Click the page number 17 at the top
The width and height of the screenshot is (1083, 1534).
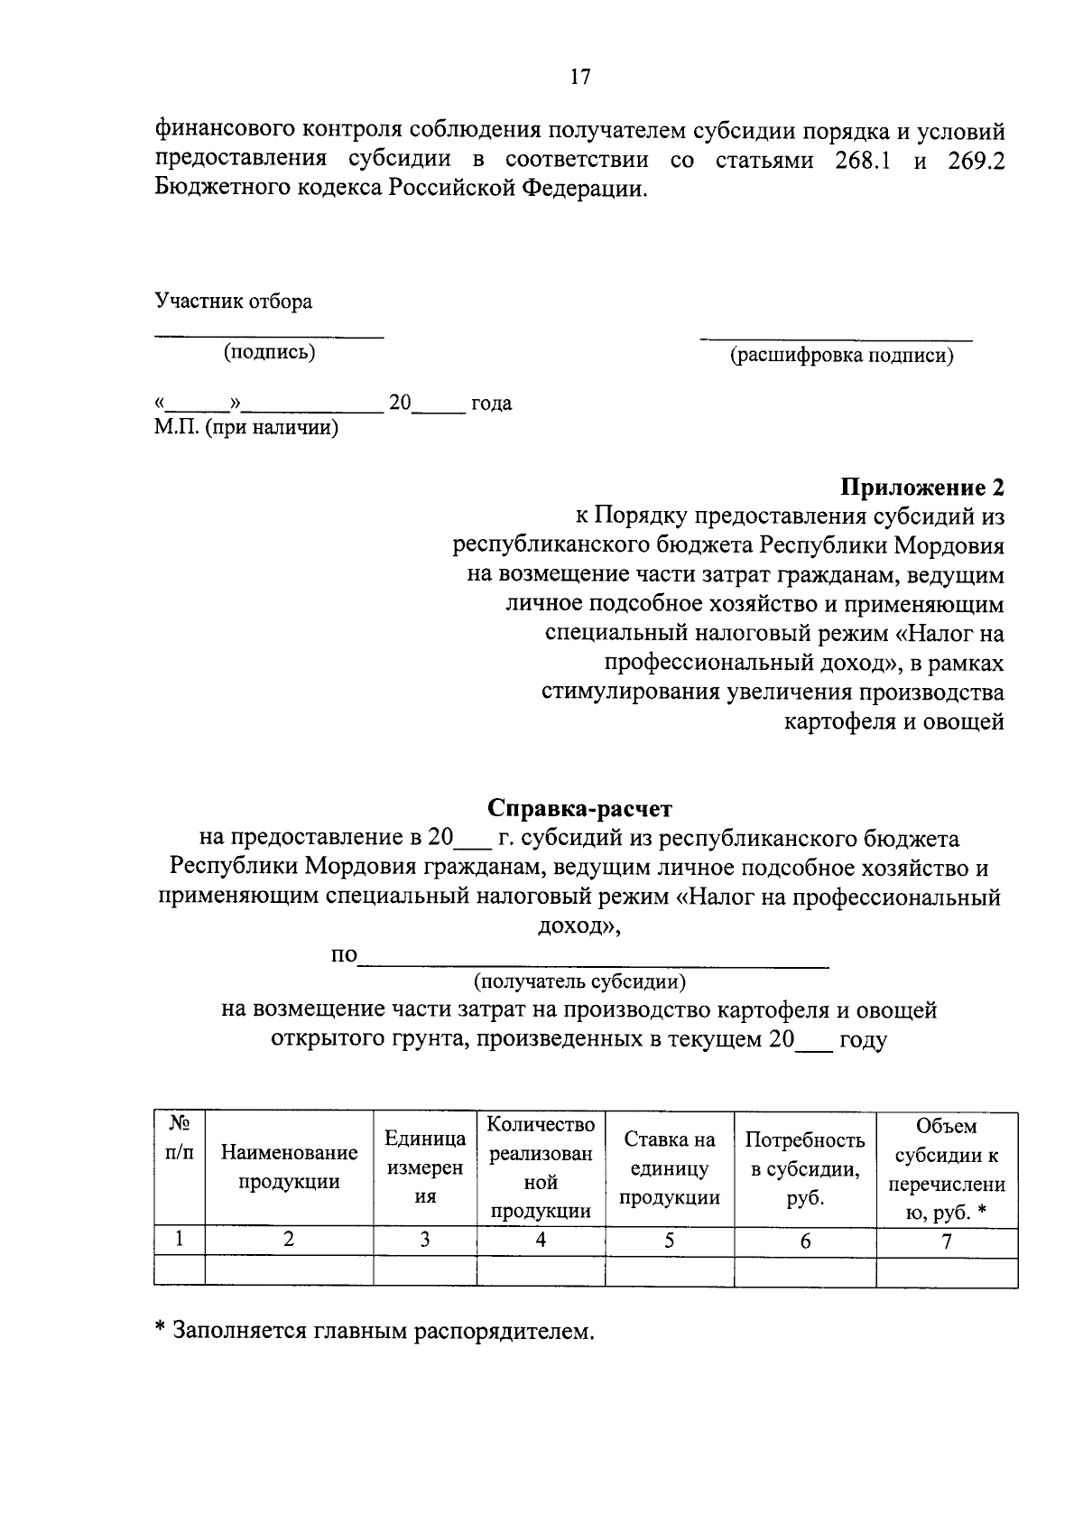coord(580,78)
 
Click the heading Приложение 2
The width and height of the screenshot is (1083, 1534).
coord(922,488)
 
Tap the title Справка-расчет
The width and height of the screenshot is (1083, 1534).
coord(580,807)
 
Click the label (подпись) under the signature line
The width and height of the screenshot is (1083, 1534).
coord(270,353)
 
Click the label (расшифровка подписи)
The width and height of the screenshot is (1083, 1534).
coord(841,356)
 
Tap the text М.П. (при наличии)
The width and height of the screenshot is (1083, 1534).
coord(245,428)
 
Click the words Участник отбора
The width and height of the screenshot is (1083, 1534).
coord(233,302)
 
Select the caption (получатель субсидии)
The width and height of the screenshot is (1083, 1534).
coord(579,981)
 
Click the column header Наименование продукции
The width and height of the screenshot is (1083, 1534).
coord(289,1167)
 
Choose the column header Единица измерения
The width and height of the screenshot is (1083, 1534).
coord(425,1167)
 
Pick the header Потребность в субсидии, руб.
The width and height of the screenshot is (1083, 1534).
coord(805,1169)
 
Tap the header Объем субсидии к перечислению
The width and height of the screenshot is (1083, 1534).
coord(946,1169)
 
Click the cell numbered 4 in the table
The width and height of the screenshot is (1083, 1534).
coord(541,1240)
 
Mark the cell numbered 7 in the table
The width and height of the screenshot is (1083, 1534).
coord(946,1241)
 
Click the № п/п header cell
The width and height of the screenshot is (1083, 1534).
coord(180,1137)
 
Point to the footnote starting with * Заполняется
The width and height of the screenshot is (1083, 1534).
coord(375,1331)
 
